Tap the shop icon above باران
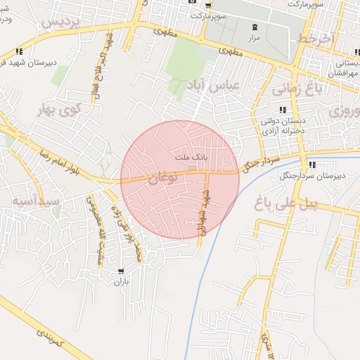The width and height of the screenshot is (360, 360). click(122, 271)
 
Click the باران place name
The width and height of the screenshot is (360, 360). click(122, 282)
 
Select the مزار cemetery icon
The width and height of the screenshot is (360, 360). click(254, 27)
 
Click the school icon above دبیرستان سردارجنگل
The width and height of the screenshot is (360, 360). click(311, 165)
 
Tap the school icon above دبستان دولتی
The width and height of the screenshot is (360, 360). click(282, 110)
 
